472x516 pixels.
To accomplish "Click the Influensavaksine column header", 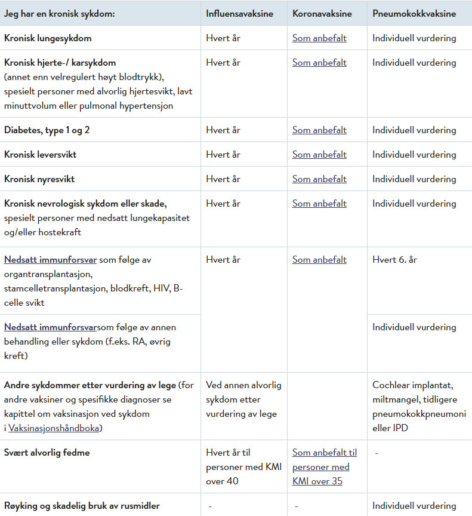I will (239, 14).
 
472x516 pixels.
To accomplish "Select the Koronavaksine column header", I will (322, 14).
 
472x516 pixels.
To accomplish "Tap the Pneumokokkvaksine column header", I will (414, 14).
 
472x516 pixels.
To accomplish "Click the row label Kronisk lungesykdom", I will (48, 38).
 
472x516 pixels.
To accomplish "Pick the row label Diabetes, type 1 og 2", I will (47, 130).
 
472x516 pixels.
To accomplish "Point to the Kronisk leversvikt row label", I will (41, 155).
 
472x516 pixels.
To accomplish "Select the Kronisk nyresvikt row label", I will (39, 179).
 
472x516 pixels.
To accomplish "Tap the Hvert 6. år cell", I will (395, 260).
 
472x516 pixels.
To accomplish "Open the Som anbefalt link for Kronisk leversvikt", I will (319, 155).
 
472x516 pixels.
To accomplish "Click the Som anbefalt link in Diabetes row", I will (319, 130).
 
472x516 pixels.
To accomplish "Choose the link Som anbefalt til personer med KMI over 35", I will (324, 467).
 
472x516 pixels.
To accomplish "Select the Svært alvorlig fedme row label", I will (47, 453).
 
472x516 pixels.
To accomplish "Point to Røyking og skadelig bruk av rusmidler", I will (82, 506).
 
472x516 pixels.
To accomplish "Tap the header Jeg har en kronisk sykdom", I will (60, 14).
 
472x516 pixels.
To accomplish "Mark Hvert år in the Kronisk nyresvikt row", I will (223, 179).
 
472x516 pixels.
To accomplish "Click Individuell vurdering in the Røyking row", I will (414, 506).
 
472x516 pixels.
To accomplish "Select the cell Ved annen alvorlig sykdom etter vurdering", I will (243, 400).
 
